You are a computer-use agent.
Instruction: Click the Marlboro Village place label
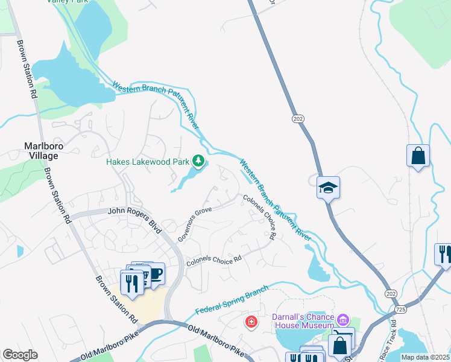42,151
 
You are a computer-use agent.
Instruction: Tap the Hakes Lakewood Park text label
148,162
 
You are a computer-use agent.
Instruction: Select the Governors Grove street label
194,225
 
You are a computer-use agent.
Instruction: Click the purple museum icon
343,319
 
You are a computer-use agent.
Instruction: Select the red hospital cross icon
251,323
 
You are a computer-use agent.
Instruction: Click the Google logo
20,355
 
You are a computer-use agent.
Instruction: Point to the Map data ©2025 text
424,357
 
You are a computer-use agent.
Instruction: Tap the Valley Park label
84,2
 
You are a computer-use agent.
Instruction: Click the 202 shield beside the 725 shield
389,293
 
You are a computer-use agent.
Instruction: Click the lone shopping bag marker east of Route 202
418,157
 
